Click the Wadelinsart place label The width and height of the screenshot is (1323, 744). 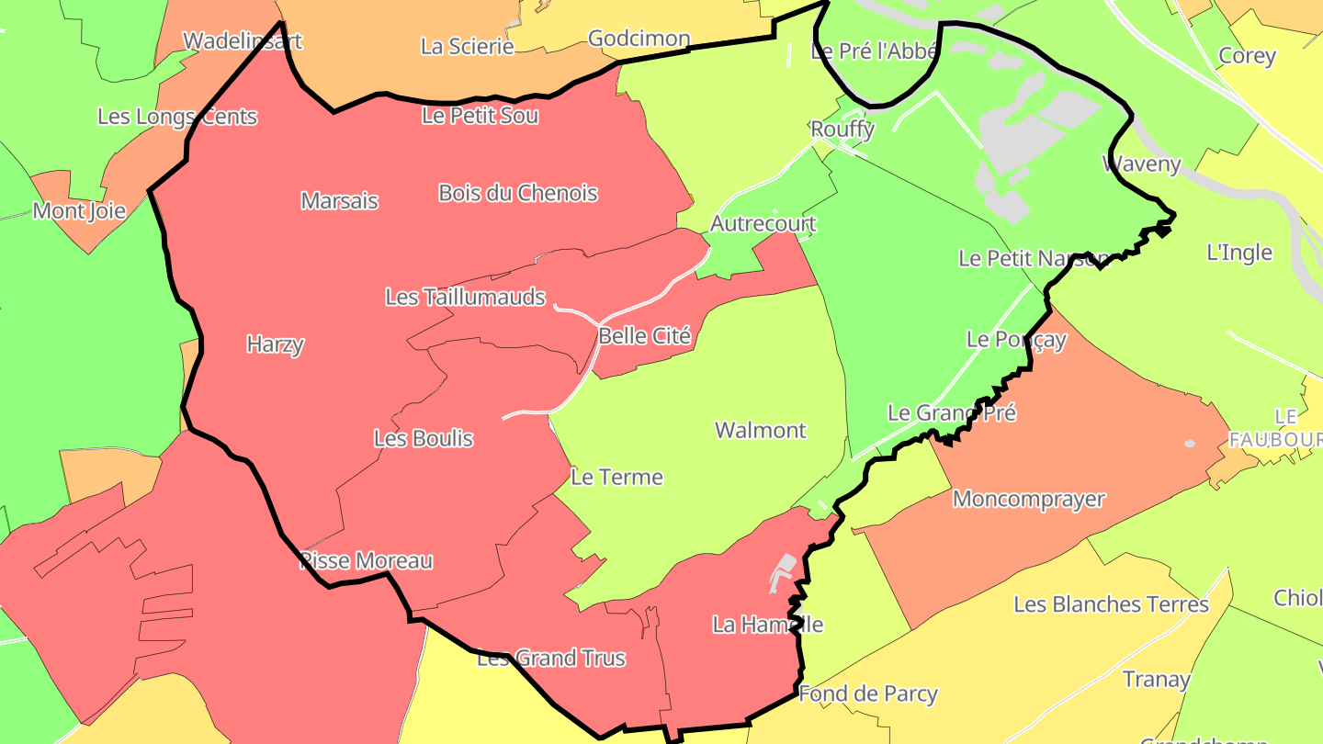click(x=243, y=41)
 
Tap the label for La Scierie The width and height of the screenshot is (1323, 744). click(x=467, y=46)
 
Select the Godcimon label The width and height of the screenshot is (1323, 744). click(x=639, y=39)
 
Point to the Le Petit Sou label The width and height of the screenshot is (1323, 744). click(x=480, y=116)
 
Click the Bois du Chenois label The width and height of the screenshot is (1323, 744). click(x=518, y=193)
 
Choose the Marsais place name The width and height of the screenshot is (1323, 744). click(x=339, y=201)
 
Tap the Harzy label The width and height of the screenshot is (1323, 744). click(x=275, y=344)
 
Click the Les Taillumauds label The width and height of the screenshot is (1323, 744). click(x=465, y=298)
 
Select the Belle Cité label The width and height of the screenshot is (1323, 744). click(x=644, y=336)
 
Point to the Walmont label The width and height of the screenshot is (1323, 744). click(x=761, y=430)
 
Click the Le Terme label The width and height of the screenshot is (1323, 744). click(x=616, y=478)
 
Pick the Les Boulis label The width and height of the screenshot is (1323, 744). click(x=424, y=439)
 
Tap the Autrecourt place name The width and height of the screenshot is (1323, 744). click(x=763, y=224)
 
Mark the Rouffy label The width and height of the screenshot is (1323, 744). click(x=842, y=130)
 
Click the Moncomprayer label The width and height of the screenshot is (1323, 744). click(x=1028, y=500)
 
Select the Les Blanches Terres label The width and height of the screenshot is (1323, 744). click(x=1111, y=604)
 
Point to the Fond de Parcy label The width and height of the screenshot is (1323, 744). click(x=868, y=694)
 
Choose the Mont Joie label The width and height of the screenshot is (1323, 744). click(x=79, y=211)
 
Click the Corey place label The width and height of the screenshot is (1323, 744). click(x=1247, y=56)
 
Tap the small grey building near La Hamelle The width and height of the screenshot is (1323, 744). click(x=783, y=569)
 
